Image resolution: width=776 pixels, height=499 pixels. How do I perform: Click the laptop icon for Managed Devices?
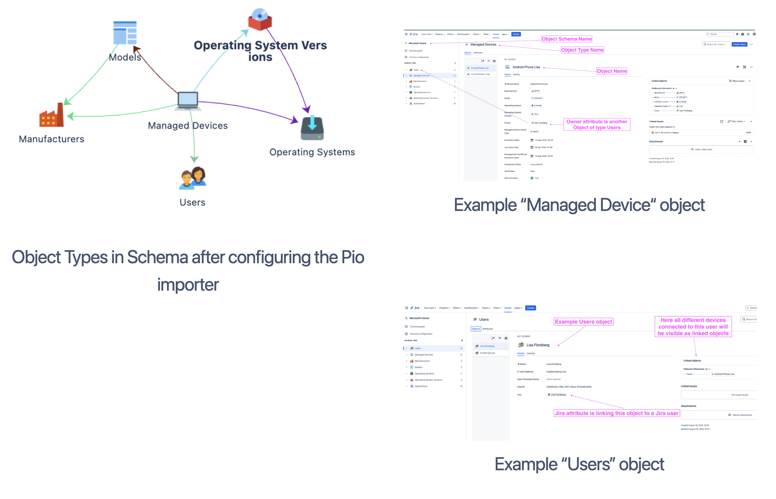pyautogui.click(x=187, y=101)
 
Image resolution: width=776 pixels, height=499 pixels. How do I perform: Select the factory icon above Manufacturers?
pyautogui.click(x=52, y=116)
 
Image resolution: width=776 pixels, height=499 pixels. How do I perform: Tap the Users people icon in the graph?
pyautogui.click(x=193, y=178)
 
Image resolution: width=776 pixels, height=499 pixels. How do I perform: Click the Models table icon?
pyautogui.click(x=125, y=33)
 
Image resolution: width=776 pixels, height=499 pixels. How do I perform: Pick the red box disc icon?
pyautogui.click(x=260, y=20)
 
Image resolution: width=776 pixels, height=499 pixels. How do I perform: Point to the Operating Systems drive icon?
pyautogui.click(x=312, y=128)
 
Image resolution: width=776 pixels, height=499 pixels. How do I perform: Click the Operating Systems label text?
pyautogui.click(x=312, y=152)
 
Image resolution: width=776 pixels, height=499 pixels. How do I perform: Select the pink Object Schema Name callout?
pyautogui.click(x=567, y=39)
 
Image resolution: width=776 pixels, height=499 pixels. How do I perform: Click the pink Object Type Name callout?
pyautogui.click(x=582, y=50)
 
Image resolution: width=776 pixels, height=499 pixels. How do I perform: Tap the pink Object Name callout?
pyautogui.click(x=612, y=71)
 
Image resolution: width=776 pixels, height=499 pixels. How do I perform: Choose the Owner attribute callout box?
pyautogui.click(x=596, y=124)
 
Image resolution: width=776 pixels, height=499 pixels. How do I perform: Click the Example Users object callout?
pyautogui.click(x=583, y=322)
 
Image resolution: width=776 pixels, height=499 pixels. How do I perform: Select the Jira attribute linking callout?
pyautogui.click(x=617, y=413)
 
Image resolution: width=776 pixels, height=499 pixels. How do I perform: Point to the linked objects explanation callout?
pyautogui.click(x=693, y=327)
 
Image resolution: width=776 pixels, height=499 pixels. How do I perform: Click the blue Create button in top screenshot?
pyautogui.click(x=516, y=34)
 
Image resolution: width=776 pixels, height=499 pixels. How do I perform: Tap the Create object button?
pyautogui.click(x=739, y=44)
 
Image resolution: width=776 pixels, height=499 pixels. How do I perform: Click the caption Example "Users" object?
pyautogui.click(x=579, y=464)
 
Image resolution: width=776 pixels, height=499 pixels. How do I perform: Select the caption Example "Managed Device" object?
pyautogui.click(x=579, y=205)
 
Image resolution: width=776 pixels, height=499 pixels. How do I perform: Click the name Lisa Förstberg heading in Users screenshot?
pyautogui.click(x=538, y=345)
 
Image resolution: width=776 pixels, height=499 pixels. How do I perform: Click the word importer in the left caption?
pyautogui.click(x=188, y=285)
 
